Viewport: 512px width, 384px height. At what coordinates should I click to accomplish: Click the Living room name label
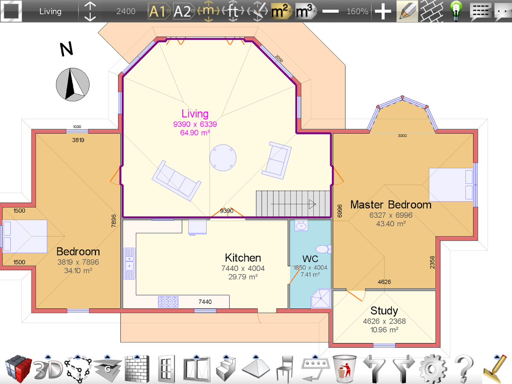click(195, 114)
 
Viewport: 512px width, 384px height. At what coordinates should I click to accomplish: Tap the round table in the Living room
click(223, 158)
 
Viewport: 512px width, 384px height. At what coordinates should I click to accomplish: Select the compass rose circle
click(73, 84)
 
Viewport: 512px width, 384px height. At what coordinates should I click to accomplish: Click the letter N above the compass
click(67, 49)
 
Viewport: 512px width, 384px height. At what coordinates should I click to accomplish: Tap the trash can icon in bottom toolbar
click(344, 368)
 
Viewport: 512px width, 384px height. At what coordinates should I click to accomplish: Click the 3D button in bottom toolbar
click(48, 370)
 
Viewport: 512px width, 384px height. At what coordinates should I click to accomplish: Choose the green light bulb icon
click(456, 11)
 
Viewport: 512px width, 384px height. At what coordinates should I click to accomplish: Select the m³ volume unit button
click(305, 11)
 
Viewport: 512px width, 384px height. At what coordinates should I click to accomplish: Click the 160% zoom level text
click(358, 11)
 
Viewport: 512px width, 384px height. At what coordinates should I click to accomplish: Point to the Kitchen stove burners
click(168, 302)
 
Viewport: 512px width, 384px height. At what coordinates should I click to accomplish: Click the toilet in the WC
click(323, 249)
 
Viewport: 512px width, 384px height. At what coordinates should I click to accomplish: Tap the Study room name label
click(384, 311)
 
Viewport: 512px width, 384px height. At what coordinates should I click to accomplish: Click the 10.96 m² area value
click(384, 330)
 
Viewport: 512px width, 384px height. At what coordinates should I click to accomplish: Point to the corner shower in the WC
click(321, 298)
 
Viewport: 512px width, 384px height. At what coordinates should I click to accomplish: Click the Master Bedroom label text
click(391, 205)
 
